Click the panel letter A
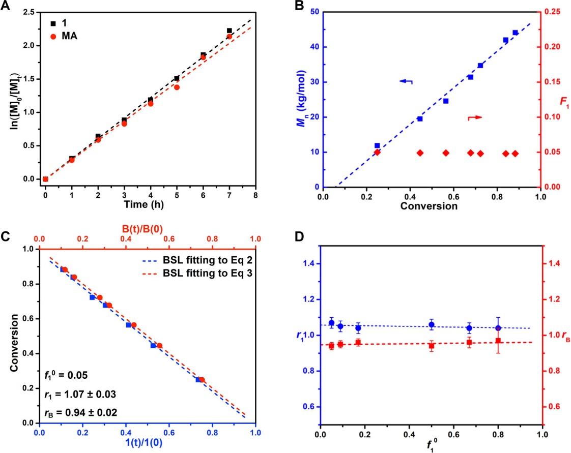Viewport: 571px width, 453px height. (x=6, y=6)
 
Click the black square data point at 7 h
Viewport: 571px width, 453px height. (x=230, y=31)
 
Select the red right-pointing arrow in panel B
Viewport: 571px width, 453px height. (x=474, y=117)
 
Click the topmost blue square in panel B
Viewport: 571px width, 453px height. (x=515, y=33)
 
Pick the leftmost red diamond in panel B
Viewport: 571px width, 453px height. (x=377, y=152)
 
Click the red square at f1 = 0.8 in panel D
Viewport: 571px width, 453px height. (x=498, y=341)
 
